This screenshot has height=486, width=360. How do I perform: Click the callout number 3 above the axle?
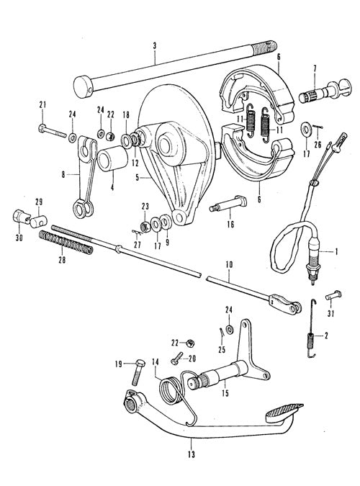[x=155, y=46]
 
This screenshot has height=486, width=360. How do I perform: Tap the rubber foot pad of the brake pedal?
[x=284, y=410]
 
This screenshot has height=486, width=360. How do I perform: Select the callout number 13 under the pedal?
[x=192, y=454]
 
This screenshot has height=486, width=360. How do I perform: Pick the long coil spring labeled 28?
[x=66, y=243]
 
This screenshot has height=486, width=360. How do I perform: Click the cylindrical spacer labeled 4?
[x=112, y=160]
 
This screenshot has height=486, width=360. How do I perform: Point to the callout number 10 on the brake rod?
[x=230, y=265]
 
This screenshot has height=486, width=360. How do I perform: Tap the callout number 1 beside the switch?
[x=336, y=251]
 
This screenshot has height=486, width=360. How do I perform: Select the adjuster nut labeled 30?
[x=21, y=216]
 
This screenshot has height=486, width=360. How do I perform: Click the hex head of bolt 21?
[x=43, y=127]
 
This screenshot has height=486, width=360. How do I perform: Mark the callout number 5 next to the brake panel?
[x=137, y=178]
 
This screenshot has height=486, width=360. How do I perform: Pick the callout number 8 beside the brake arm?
[x=63, y=174]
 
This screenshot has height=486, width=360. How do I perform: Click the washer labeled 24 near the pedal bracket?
[x=229, y=329]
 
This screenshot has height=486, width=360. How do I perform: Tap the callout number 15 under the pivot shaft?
[x=225, y=393]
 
